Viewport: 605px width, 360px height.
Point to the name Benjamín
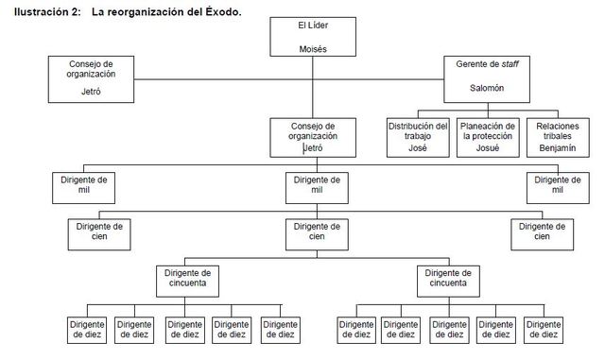558,148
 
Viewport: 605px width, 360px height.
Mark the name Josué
487,148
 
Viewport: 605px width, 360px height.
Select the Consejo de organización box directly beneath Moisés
311,135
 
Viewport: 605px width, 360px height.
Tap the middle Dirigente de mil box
311,186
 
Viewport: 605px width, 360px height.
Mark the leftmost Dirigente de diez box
87,328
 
